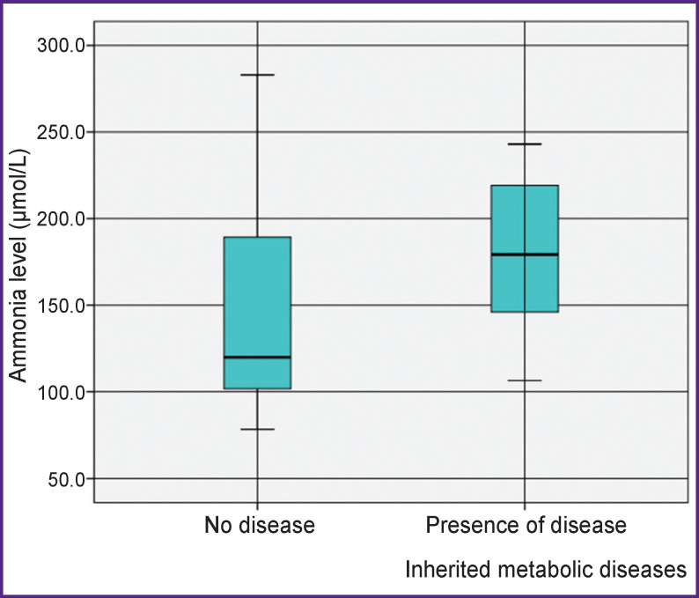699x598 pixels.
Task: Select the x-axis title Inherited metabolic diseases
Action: tap(545, 570)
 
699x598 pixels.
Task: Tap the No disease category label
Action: tap(259, 526)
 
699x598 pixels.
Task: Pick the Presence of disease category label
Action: tap(526, 526)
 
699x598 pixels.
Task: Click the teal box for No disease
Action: tap(257, 291)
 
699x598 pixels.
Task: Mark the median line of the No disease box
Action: tap(257, 358)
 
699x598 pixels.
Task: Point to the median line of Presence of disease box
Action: tap(525, 255)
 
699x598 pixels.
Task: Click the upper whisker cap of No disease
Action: tap(257, 75)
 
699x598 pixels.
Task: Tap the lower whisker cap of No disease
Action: tap(257, 429)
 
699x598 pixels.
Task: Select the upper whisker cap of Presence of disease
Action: tap(525, 144)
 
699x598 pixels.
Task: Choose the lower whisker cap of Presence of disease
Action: tap(525, 380)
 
